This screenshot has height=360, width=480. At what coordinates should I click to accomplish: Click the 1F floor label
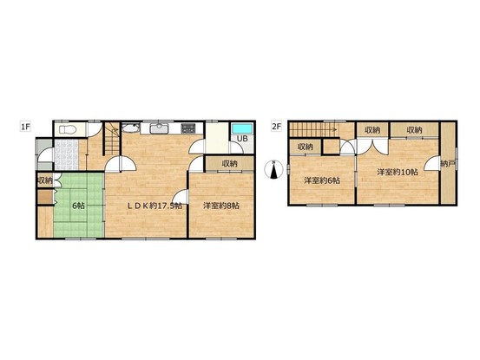[x=26, y=127]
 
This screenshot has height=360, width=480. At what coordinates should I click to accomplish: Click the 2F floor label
[x=276, y=127]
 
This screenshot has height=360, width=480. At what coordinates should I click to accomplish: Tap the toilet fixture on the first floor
[x=68, y=130]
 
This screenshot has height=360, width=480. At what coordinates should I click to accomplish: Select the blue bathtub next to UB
[x=242, y=128]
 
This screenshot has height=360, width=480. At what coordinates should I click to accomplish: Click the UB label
[x=242, y=139]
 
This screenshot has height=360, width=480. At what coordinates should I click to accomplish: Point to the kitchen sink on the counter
[x=159, y=128]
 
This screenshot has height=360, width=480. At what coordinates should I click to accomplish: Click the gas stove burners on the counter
[x=188, y=128]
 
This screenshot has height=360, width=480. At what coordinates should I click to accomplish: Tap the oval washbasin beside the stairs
[x=131, y=128]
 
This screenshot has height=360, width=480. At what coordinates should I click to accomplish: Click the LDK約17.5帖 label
[x=155, y=206]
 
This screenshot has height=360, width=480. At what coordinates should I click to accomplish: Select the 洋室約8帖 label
[x=221, y=206]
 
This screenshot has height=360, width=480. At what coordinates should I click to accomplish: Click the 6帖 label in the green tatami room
[x=79, y=206]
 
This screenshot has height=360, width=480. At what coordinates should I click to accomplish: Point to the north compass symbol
[x=274, y=169]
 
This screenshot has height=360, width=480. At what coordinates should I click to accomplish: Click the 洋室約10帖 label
[x=398, y=173]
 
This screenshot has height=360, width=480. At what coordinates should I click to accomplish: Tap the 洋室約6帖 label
[x=322, y=180]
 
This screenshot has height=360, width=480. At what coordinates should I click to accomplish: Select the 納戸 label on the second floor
[x=447, y=164]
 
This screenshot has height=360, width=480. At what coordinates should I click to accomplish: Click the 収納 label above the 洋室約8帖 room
[x=230, y=164]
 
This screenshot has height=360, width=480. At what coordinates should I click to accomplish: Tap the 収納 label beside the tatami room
[x=45, y=180]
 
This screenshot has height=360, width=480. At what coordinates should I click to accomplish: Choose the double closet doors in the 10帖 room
[x=372, y=147]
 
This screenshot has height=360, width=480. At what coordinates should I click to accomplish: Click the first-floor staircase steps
[x=113, y=138]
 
